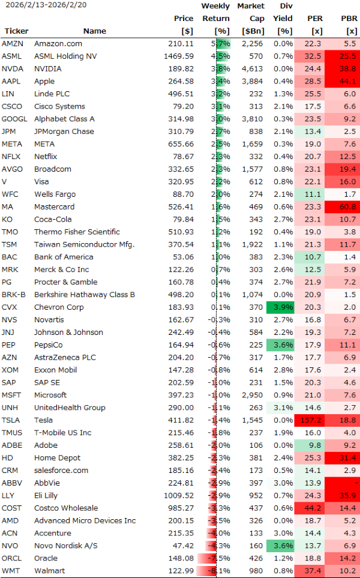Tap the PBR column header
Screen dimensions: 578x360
pyautogui.click(x=348, y=19)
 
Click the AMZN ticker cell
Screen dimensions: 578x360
pyautogui.click(x=13, y=43)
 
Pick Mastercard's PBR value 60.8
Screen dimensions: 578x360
pyautogui.click(x=347, y=206)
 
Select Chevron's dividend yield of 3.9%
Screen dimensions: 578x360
pyautogui.click(x=282, y=307)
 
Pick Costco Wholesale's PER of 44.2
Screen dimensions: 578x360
pyautogui.click(x=312, y=508)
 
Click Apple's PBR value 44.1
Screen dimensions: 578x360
pyautogui.click(x=347, y=81)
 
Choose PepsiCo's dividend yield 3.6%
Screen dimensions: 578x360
pyautogui.click(x=282, y=345)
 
